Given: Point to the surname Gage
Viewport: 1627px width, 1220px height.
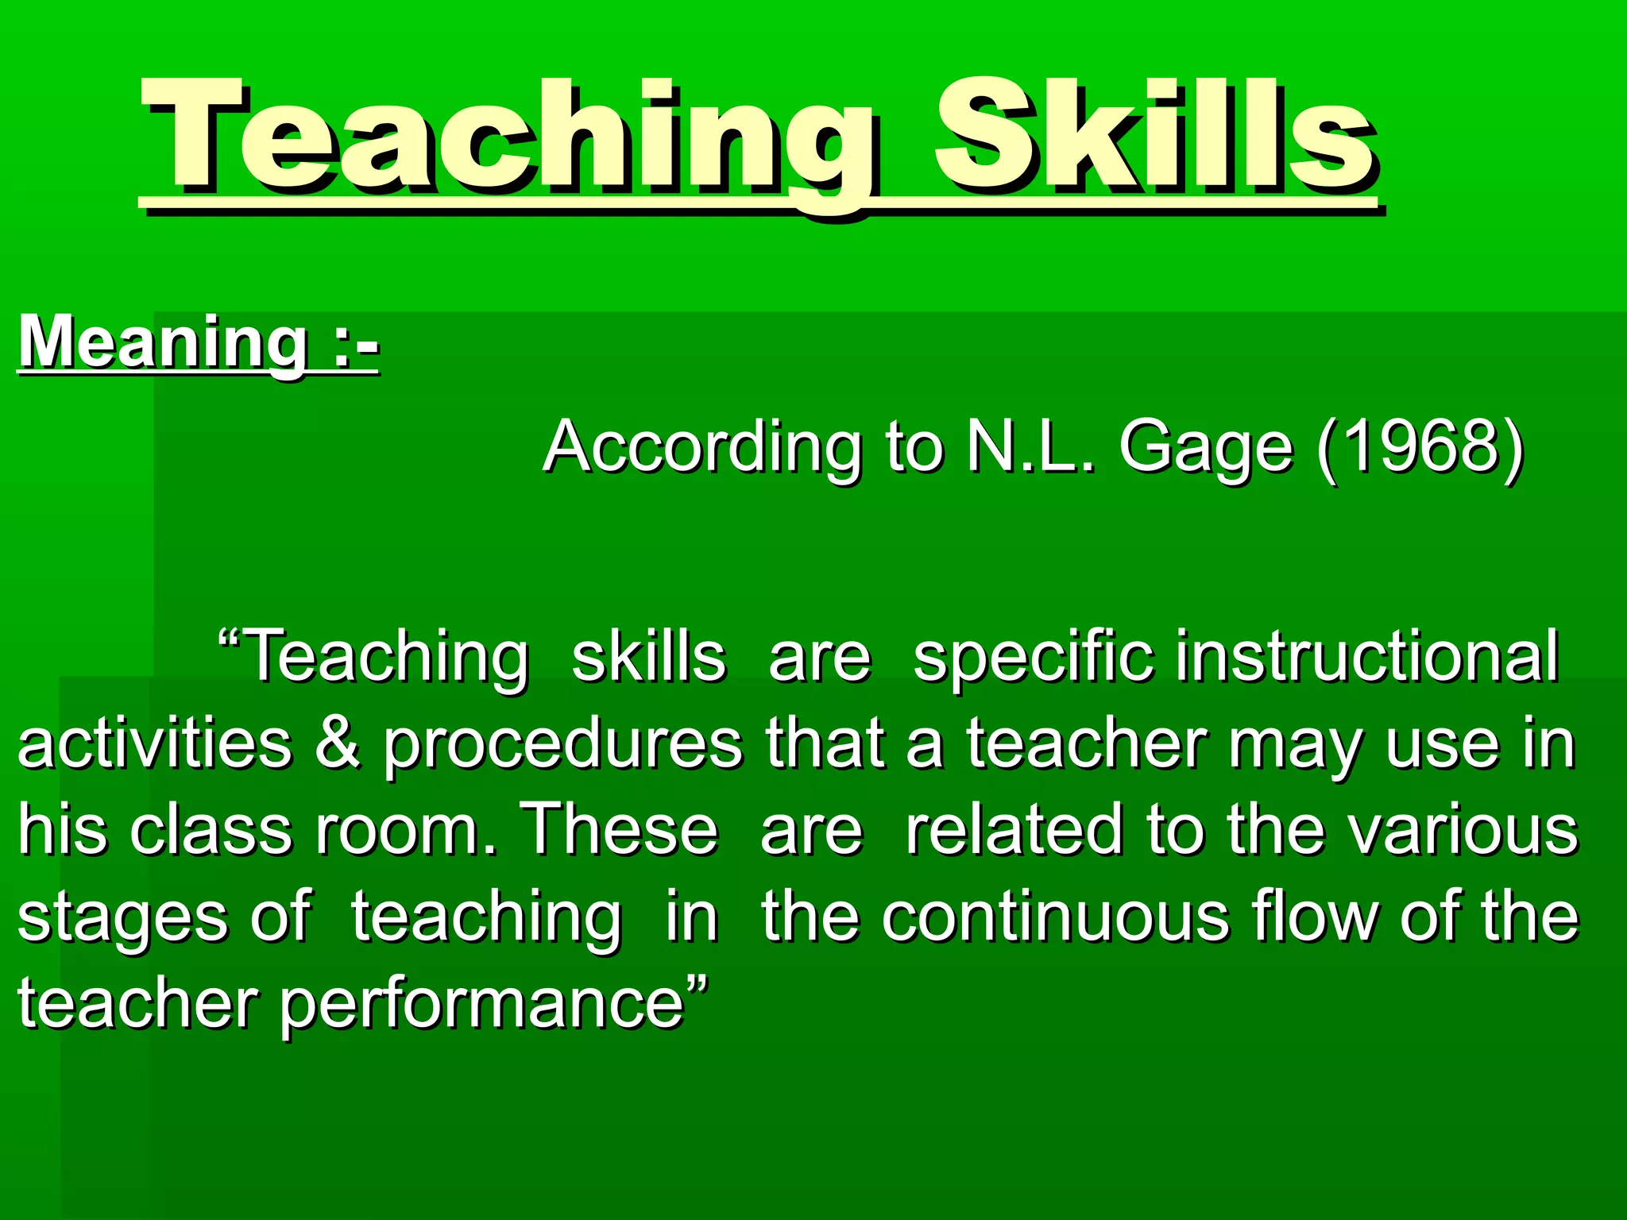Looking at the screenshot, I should coord(1206,447).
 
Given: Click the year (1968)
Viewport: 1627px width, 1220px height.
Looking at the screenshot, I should coord(1420,447).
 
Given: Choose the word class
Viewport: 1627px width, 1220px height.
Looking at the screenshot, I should coord(211,830).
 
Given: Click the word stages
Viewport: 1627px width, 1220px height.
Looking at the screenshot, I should coord(123,917).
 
